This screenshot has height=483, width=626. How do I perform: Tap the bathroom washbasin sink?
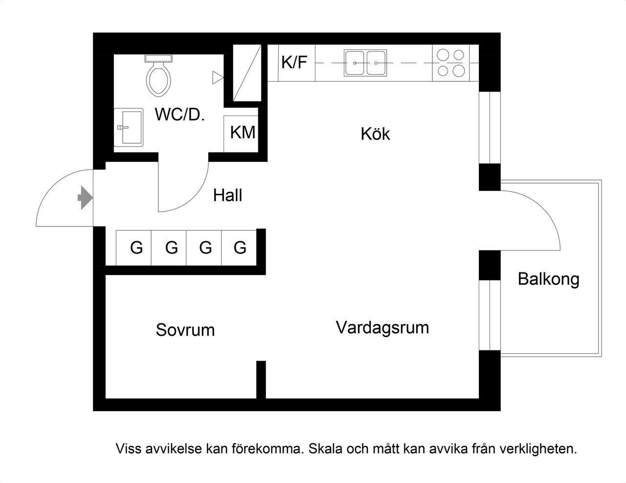tap(129, 127)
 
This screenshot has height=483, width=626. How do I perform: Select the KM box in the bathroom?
tap(243, 133)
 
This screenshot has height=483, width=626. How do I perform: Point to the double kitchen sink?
tap(365, 63)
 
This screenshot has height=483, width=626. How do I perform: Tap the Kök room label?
tap(375, 134)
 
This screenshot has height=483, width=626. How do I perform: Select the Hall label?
tap(227, 196)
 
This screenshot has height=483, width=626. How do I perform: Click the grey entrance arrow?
tap(85, 198)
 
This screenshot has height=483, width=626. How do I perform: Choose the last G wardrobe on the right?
tap(240, 248)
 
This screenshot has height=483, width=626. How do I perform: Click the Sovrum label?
tap(185, 330)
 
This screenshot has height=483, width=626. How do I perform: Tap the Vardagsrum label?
tap(382, 327)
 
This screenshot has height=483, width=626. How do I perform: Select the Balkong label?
tap(548, 279)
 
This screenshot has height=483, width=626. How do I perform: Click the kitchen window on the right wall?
tap(490, 127)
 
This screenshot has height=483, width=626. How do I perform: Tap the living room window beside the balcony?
tap(490, 315)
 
